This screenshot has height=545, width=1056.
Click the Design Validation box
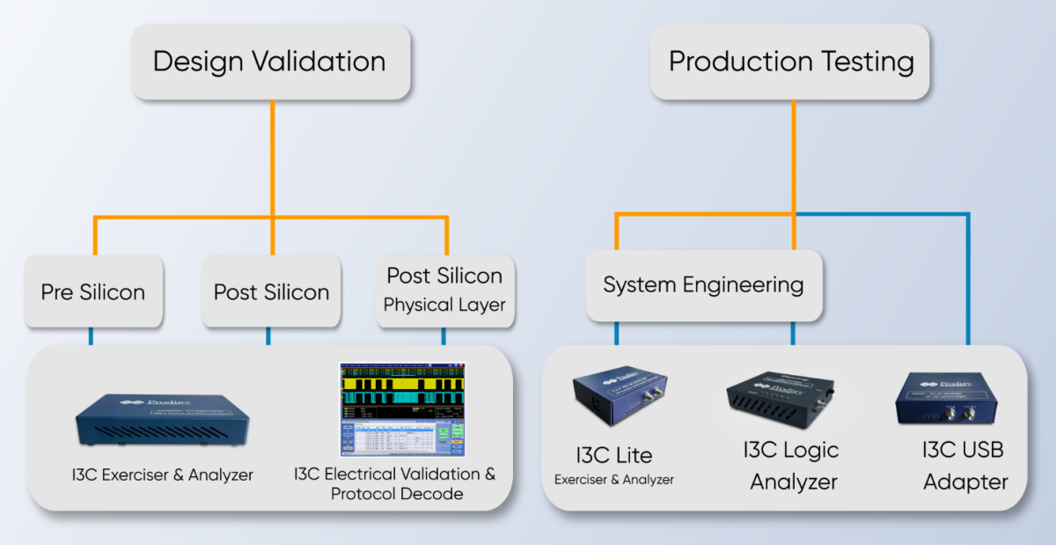[270, 62]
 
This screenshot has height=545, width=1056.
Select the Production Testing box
[790, 62]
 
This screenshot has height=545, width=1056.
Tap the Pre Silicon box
[93, 292]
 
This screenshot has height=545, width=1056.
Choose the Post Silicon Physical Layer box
[444, 291]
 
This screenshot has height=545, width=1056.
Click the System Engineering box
[703, 285]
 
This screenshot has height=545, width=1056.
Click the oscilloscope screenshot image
[402, 409]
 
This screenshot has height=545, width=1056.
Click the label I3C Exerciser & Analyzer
[163, 475]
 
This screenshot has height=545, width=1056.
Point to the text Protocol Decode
[397, 494]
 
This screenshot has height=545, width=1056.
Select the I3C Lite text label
[614, 455]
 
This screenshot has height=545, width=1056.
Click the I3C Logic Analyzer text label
[791, 466]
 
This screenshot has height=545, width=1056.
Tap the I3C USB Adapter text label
[964, 466]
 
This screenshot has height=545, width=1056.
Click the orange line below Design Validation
[272, 158]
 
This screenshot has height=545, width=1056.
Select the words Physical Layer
[444, 306]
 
